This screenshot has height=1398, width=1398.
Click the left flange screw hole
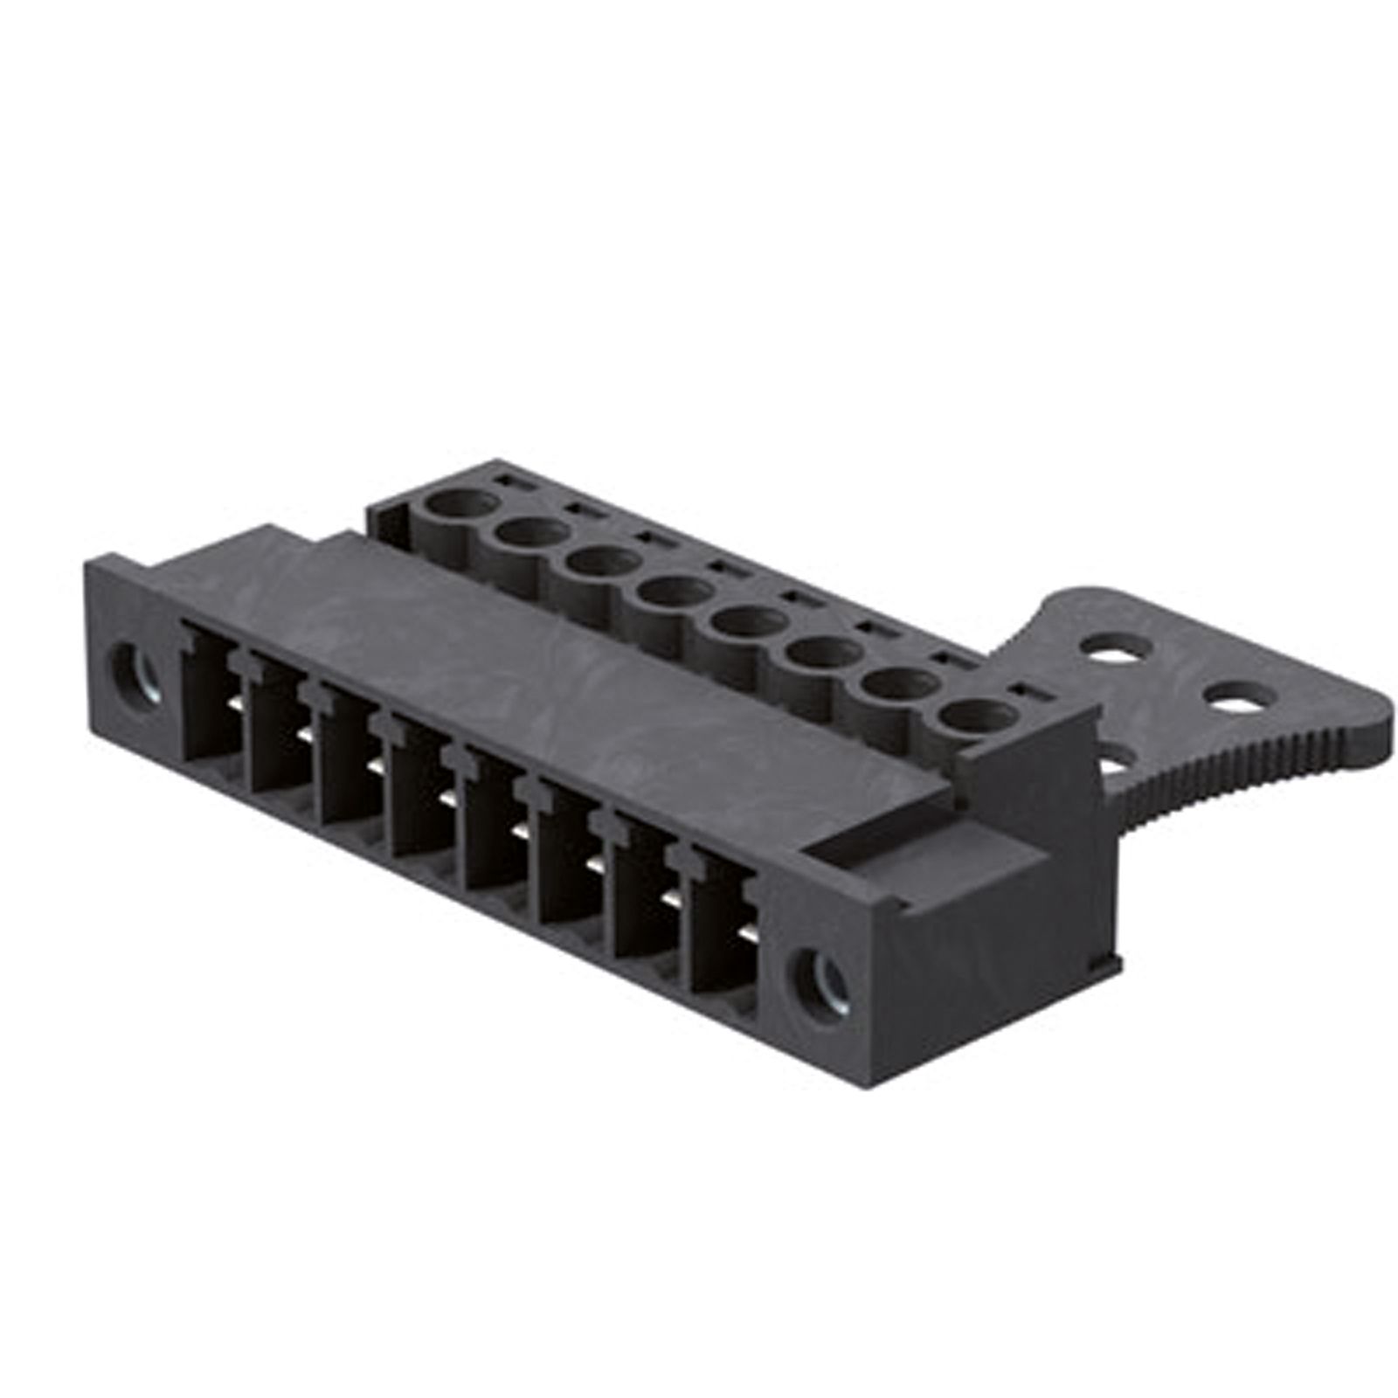point(135,672)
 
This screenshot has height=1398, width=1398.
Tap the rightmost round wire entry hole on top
point(971,716)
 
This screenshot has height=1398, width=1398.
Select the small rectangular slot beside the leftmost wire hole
point(506,481)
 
